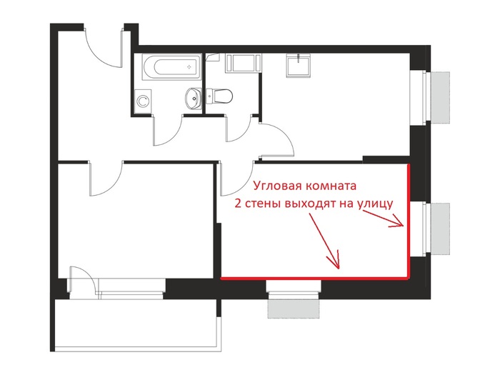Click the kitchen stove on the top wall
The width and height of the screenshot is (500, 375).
pos(244,63)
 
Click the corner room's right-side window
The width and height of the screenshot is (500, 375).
pos(426,227)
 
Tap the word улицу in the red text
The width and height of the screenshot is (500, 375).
pos(374,204)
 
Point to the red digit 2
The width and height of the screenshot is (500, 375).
pos(239,204)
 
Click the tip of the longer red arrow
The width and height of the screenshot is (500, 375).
pos(339,268)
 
